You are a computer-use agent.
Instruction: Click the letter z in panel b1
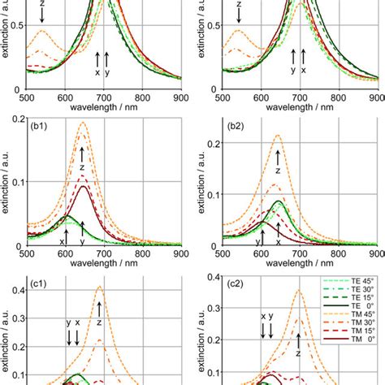tap(82, 167)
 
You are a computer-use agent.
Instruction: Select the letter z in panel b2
tap(278, 171)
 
